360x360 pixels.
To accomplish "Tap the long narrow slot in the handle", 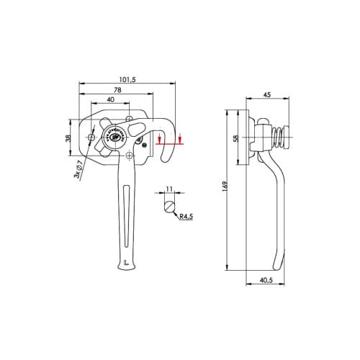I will [127, 216].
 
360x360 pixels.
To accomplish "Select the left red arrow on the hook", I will [159, 137].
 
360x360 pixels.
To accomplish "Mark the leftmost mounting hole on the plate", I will [92, 137].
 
